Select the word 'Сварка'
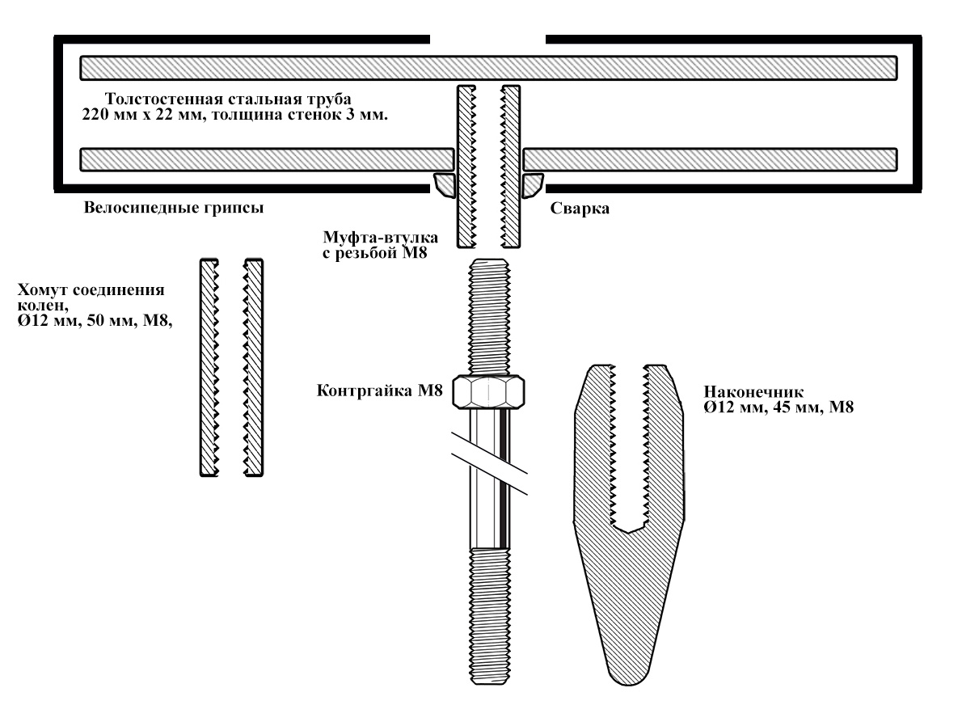tap(579, 208)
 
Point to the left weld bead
tap(445, 185)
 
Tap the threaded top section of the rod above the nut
tap(490, 315)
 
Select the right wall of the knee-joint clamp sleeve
tap(254, 368)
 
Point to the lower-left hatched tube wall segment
tap(267, 158)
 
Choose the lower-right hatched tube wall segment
tap(711, 158)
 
